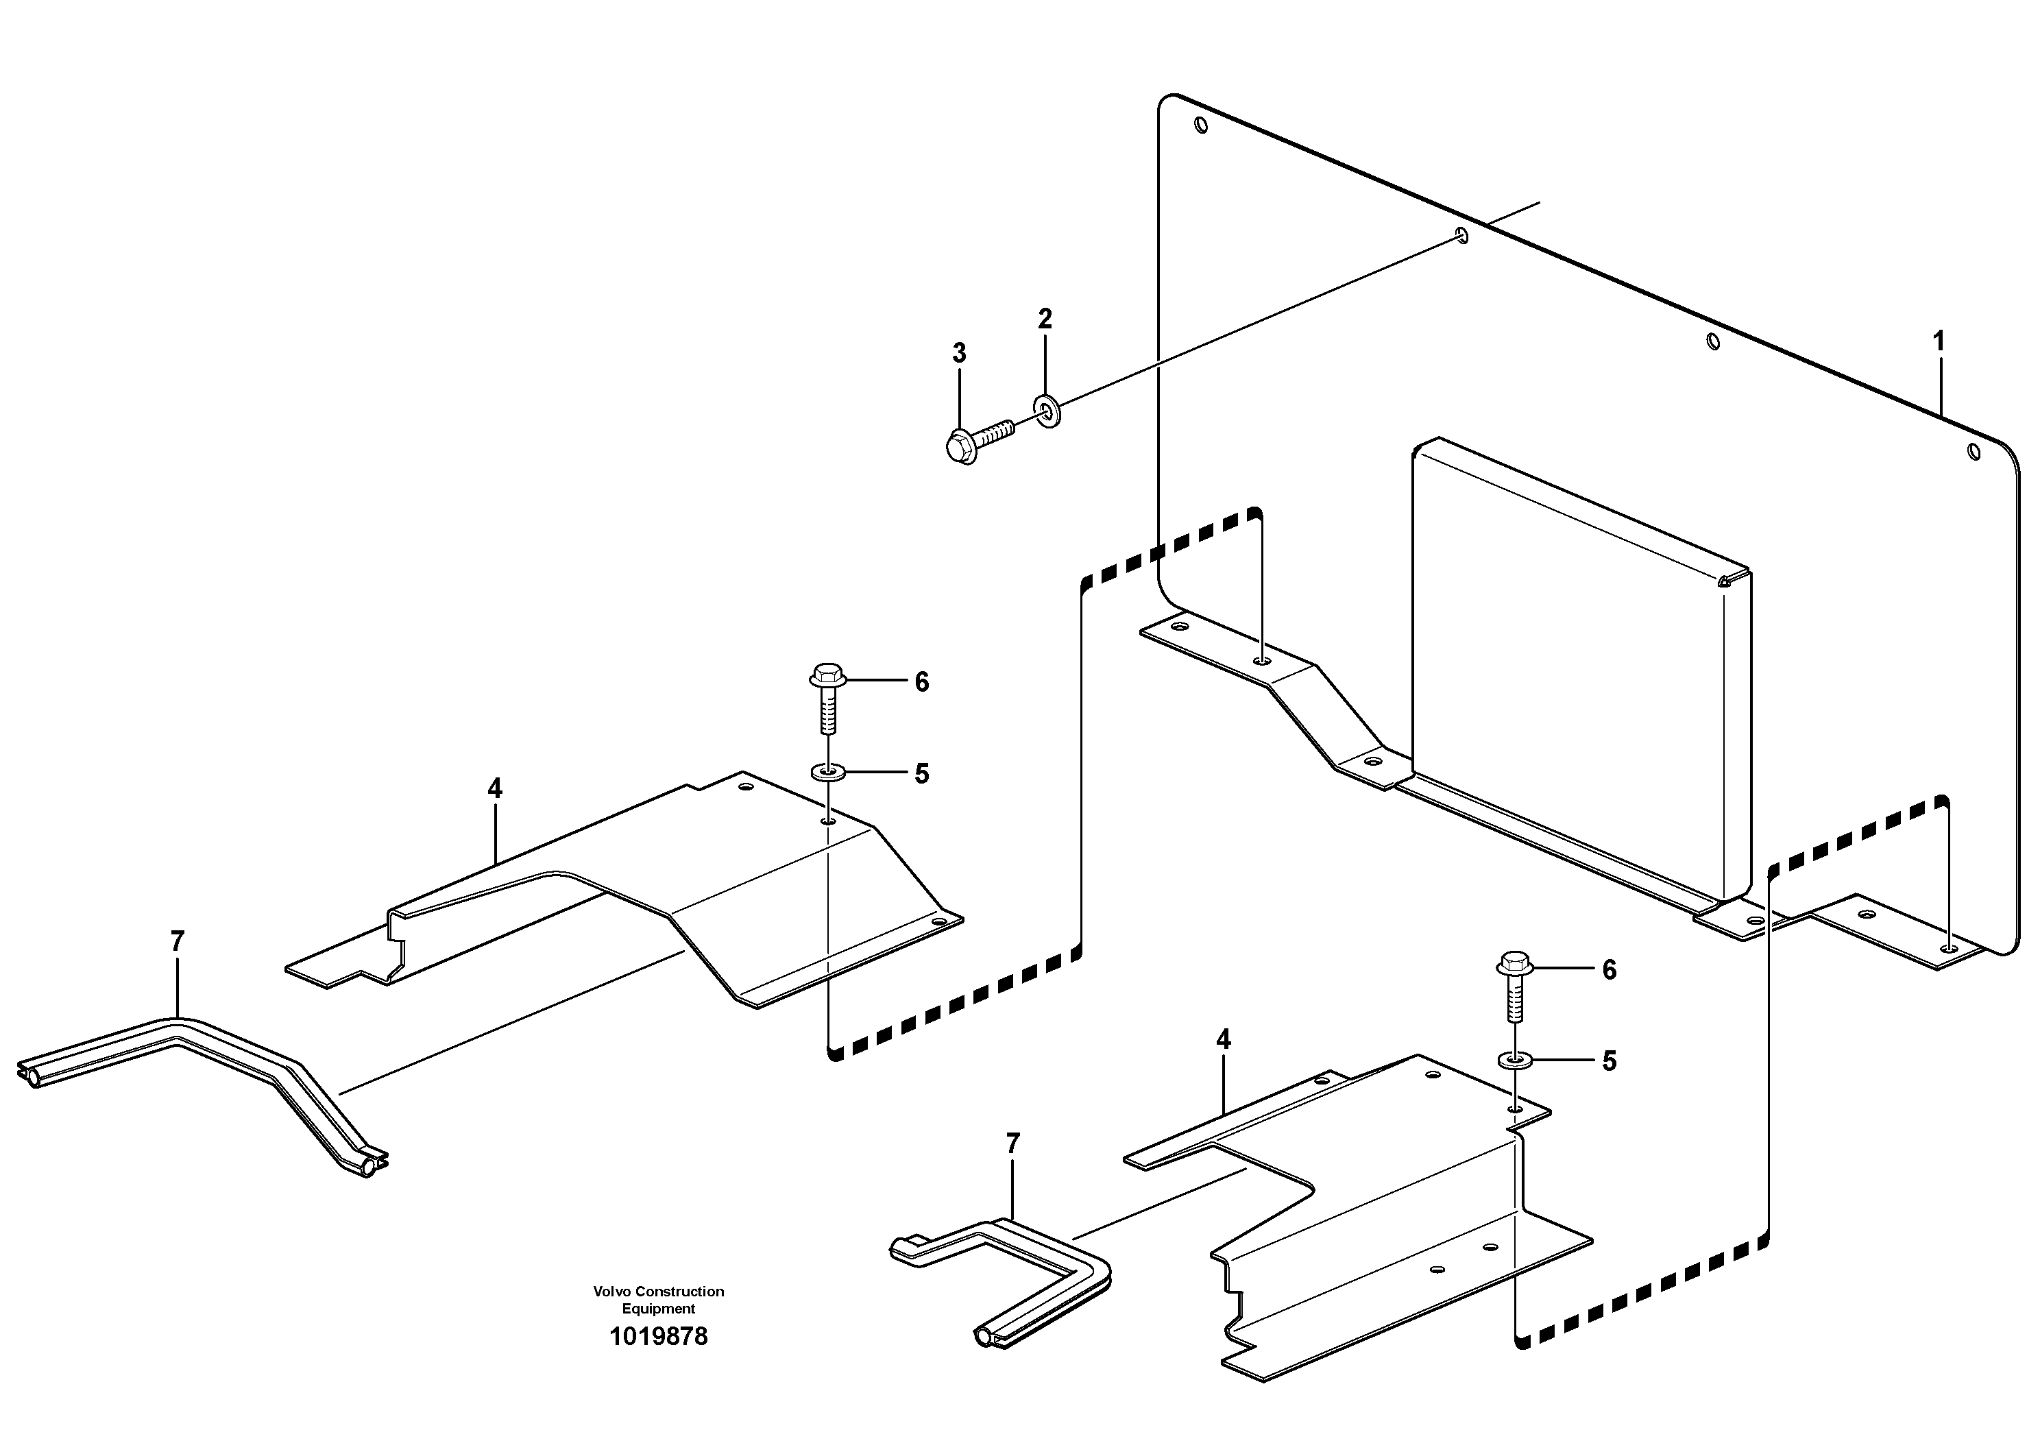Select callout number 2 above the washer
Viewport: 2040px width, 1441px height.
coord(1045,319)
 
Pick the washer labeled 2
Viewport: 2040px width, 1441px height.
coord(1047,411)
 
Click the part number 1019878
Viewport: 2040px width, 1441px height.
coord(658,1337)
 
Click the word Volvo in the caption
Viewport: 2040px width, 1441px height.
coord(611,1291)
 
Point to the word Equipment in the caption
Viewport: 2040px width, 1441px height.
coord(658,1309)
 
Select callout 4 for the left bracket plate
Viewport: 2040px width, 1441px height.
coord(495,788)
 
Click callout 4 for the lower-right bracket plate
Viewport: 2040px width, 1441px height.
coord(1224,1039)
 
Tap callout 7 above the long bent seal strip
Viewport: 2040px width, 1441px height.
coord(177,941)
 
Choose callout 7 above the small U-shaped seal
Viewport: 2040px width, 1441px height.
coord(1013,1143)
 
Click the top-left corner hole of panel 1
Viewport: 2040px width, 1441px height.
coord(1201,126)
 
